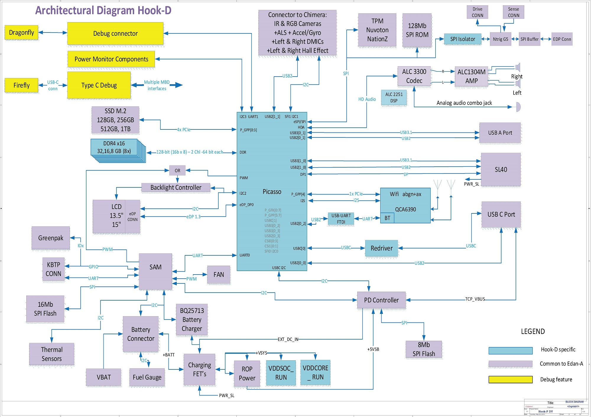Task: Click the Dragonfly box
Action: pos(21,33)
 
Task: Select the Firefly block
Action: pos(21,85)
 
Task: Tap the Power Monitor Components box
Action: pos(111,59)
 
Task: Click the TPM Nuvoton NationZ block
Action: pos(377,30)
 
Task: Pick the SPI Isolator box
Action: pos(462,39)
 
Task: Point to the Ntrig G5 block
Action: pos(500,39)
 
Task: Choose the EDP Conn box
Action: pos(562,39)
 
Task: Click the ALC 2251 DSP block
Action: pos(394,98)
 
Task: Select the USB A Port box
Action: pos(500,133)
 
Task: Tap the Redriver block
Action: pos(381,248)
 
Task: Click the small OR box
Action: pos(177,171)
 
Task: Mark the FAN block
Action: pos(219,275)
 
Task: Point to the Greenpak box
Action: pos(51,238)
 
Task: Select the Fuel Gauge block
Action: pos(147,377)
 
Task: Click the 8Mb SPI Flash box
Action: pos(424,349)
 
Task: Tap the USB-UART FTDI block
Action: pos(341,219)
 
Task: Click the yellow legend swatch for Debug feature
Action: pos(510,379)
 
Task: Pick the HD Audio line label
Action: pos(367,99)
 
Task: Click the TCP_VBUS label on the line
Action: pos(475,299)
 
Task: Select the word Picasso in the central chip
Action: pos(272,192)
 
